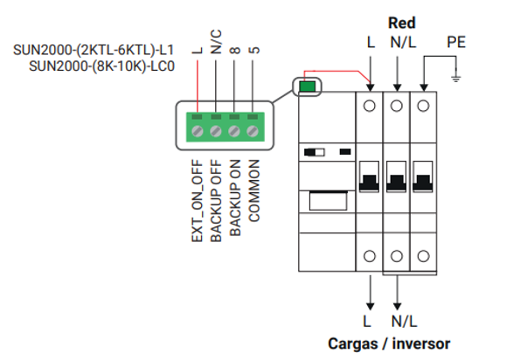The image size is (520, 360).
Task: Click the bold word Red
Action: point(402,23)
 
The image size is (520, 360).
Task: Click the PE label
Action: point(456,42)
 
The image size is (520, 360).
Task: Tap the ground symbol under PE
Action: point(456,79)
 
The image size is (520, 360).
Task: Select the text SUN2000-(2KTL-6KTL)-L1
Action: point(94,50)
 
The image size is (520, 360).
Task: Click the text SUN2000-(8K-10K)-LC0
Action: point(101,66)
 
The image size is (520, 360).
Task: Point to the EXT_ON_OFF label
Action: point(197,201)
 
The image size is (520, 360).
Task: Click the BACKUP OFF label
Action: point(216,201)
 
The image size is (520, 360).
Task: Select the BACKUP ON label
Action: point(235,197)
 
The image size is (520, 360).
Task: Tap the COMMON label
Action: point(253,190)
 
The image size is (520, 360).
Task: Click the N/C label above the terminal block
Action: point(216,42)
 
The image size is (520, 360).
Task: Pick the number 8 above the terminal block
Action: point(235,50)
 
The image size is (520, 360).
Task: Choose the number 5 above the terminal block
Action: point(253,50)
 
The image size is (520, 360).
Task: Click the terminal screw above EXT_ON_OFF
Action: point(198,131)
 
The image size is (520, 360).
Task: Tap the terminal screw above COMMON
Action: point(253,131)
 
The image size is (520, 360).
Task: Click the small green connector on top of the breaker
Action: point(307,87)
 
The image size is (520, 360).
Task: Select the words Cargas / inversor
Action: point(389,343)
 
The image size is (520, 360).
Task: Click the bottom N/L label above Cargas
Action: point(404,322)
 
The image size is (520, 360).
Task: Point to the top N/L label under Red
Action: point(403,43)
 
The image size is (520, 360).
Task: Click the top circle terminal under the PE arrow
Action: point(423,106)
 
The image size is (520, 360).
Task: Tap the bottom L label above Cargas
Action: point(366,322)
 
